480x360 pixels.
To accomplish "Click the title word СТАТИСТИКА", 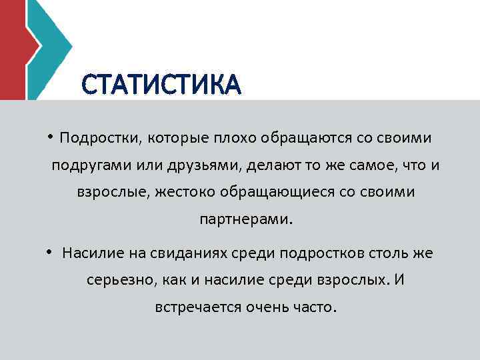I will [160, 85].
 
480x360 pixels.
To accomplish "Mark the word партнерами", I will [245, 219].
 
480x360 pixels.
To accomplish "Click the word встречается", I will [194, 307].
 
